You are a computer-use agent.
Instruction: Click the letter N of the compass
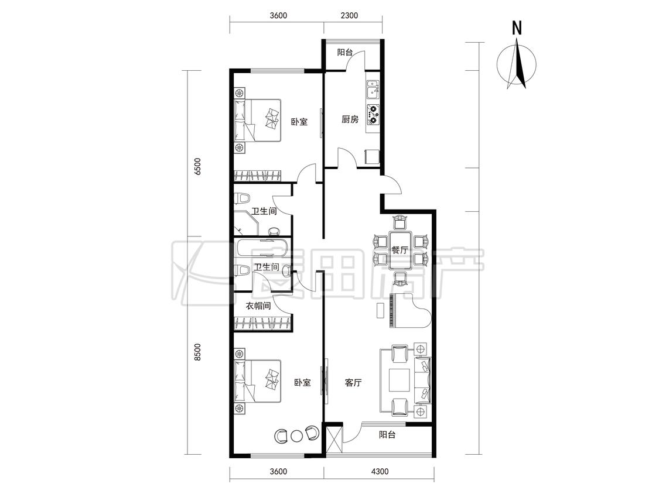(517, 28)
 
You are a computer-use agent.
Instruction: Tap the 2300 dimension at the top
(349, 16)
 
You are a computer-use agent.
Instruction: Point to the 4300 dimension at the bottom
(380, 471)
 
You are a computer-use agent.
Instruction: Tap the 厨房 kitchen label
(350, 119)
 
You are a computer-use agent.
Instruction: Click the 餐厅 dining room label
(400, 250)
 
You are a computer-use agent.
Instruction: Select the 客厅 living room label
(353, 383)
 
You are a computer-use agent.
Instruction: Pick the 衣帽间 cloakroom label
(258, 306)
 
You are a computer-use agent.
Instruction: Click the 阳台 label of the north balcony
(345, 53)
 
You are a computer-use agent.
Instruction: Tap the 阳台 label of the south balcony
(387, 435)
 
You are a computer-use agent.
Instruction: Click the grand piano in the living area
(410, 311)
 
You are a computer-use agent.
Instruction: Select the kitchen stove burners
(373, 115)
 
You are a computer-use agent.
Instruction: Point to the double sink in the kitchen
(373, 89)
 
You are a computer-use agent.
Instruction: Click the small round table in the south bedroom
(297, 435)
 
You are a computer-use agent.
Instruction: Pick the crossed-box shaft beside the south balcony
(334, 440)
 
